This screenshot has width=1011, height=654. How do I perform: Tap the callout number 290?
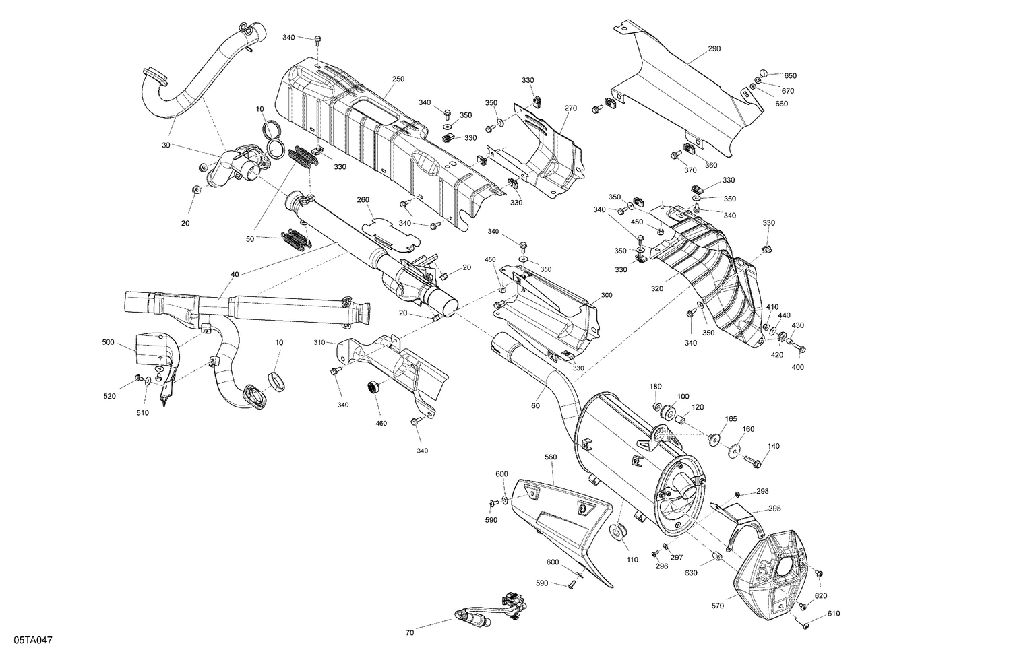714,48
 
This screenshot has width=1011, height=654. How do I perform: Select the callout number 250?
398,79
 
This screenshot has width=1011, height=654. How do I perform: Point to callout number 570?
717,606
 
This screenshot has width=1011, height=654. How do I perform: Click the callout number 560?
551,457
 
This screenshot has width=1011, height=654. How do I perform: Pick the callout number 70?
410,633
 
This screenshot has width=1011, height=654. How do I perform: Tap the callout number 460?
381,423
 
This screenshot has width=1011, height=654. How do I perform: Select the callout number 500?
109,342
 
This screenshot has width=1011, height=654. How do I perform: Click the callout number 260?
363,199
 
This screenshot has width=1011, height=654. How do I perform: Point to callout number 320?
657,288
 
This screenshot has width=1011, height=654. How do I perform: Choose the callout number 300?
607,295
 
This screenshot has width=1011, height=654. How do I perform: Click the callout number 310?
319,343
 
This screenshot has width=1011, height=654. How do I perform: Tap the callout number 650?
790,75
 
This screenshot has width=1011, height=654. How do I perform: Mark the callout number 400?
798,367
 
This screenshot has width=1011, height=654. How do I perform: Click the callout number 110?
632,560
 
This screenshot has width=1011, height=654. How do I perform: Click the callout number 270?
571,108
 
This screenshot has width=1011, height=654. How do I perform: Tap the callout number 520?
110,396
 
